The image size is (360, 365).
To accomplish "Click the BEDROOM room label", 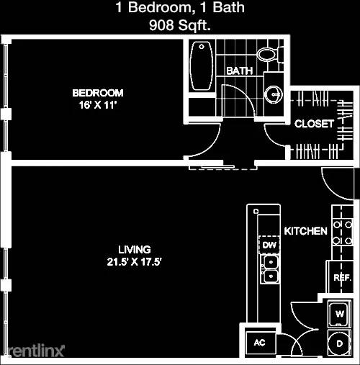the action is pos(98,93).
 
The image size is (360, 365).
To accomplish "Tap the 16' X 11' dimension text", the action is pos(98,105).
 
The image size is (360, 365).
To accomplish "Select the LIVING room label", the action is pos(135,250).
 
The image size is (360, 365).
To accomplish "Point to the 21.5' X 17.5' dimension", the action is pos(135,261).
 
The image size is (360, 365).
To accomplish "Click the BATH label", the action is pos(239,71).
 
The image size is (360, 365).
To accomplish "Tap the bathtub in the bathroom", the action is pos(202,66).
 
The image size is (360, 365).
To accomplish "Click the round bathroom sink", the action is pos(274,94).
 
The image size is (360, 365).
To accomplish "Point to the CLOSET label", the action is pos(314,124).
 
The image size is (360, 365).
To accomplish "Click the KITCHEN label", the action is pos(305,231).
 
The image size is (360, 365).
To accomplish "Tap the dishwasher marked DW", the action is pos(269,245).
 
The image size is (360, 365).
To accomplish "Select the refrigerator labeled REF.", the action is pos(340,277).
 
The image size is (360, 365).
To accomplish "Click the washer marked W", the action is pos(339,314).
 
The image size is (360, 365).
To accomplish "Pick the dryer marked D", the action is pos(339,343).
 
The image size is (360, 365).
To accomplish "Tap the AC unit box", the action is pos(260,343).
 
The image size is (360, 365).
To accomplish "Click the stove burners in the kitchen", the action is pos(343,233).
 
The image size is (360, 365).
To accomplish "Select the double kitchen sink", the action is pos(271,269).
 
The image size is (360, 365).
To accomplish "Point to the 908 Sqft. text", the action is pos(180,25).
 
